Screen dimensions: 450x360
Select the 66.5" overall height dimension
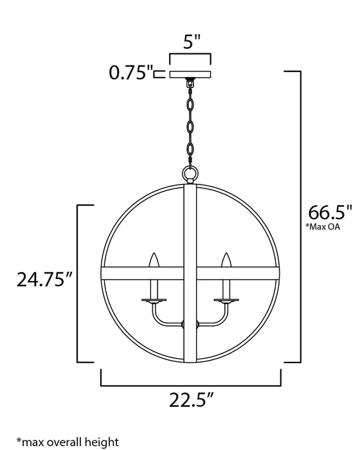point(330,212)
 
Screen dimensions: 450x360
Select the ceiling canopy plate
point(191,73)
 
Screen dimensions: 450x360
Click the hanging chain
point(191,122)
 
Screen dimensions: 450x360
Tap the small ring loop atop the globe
point(191,174)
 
